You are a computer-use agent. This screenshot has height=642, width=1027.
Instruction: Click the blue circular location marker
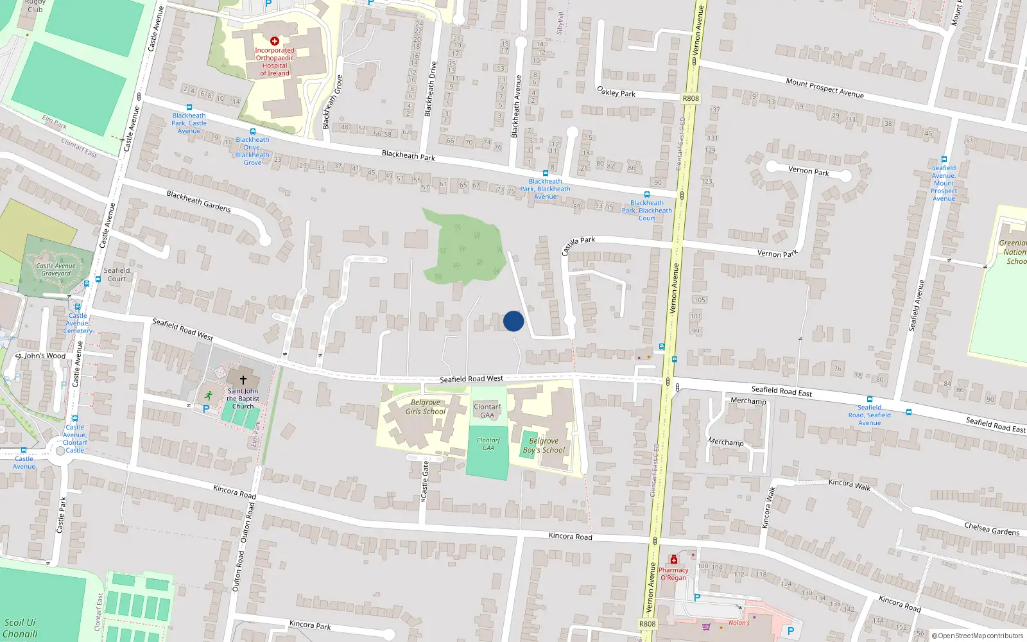513,321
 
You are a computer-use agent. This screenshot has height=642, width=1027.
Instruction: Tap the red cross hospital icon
275,41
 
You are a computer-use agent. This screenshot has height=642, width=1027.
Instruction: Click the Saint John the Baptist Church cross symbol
243,380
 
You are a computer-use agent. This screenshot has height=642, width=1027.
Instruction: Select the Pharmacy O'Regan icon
674,560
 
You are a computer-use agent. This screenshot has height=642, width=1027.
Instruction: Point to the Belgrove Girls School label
425,407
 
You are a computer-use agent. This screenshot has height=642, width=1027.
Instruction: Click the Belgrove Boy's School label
544,446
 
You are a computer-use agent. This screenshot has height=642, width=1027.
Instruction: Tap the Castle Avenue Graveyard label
56,270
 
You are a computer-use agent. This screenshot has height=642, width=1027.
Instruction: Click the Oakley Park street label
616,92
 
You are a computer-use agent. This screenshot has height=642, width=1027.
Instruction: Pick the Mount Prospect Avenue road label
825,88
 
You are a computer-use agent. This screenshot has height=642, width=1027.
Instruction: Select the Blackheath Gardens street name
198,201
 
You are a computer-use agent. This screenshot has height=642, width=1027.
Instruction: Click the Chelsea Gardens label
992,528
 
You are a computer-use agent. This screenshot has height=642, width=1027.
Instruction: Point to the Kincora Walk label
849,484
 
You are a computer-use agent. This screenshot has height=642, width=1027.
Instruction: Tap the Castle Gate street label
424,481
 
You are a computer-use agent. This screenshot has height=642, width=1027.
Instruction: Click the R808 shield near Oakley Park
691,98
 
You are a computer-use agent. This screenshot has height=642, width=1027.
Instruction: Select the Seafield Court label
117,275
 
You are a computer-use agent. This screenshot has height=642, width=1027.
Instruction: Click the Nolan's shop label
739,623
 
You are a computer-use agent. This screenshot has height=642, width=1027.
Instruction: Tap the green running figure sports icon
208,395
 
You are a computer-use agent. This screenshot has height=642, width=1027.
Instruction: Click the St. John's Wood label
40,356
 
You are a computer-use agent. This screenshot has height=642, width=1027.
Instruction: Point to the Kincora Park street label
310,625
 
